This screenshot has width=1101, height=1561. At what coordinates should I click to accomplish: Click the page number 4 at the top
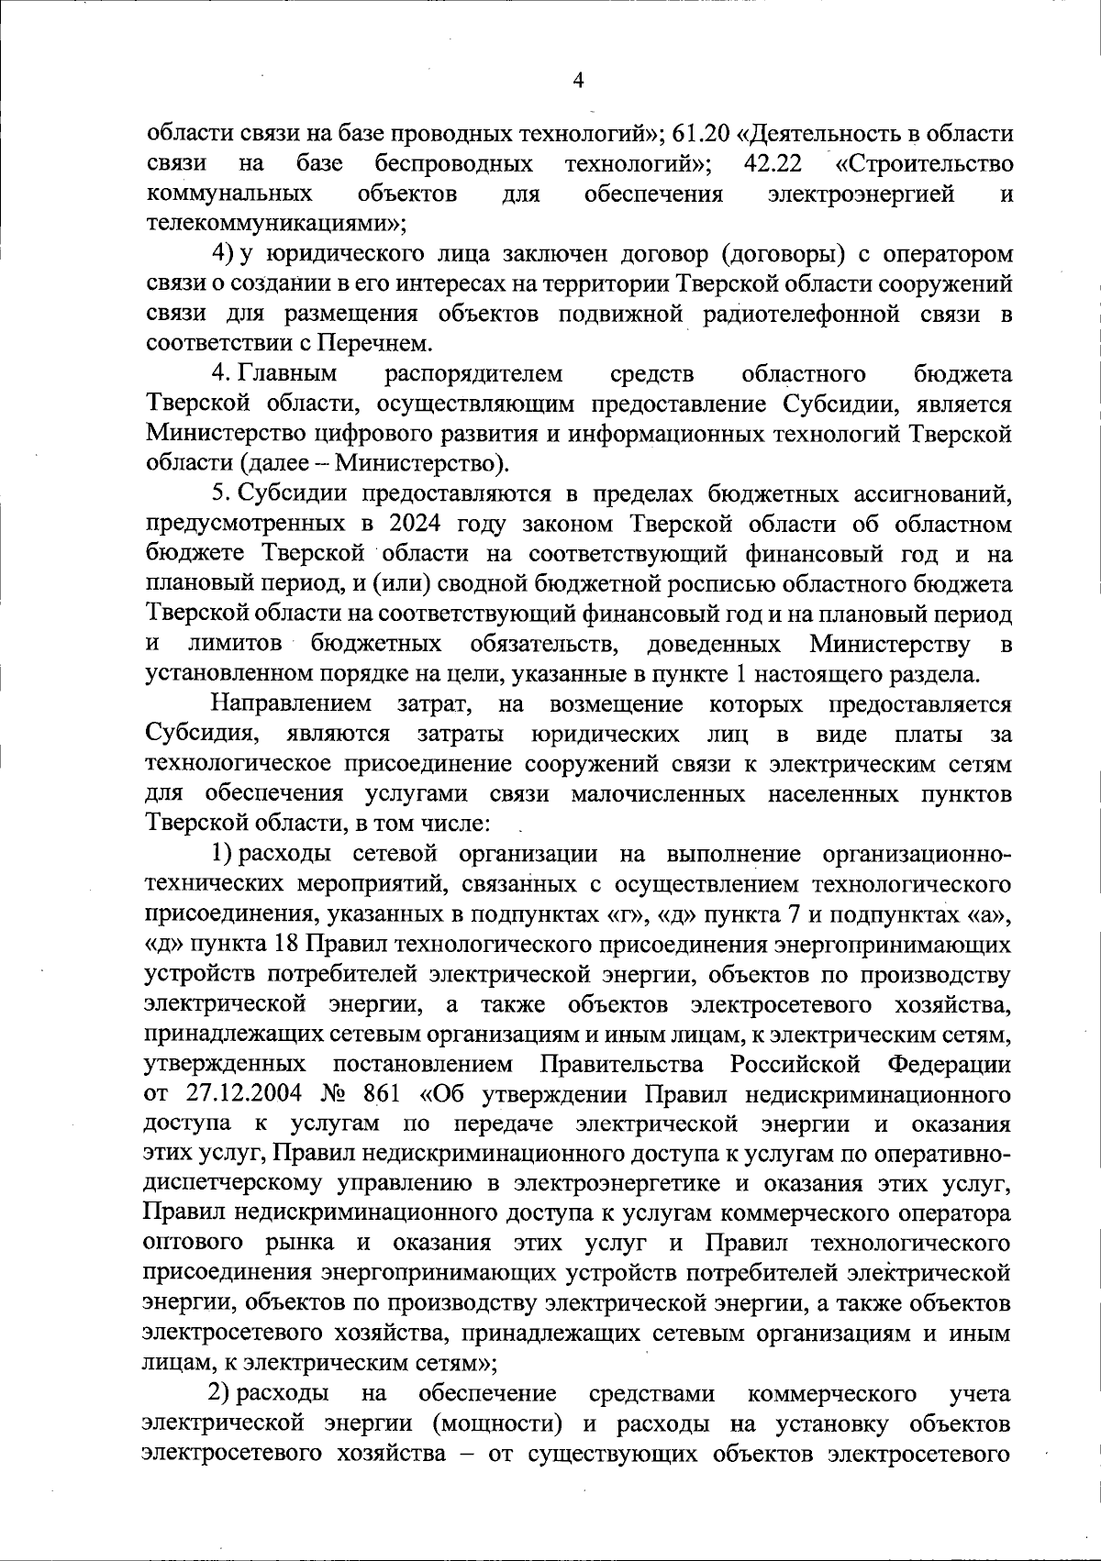[577, 80]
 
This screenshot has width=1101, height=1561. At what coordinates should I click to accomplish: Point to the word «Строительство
[925, 164]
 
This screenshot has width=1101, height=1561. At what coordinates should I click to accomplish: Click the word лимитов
[240, 644]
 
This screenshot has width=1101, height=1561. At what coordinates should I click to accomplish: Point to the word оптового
[193, 1245]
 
